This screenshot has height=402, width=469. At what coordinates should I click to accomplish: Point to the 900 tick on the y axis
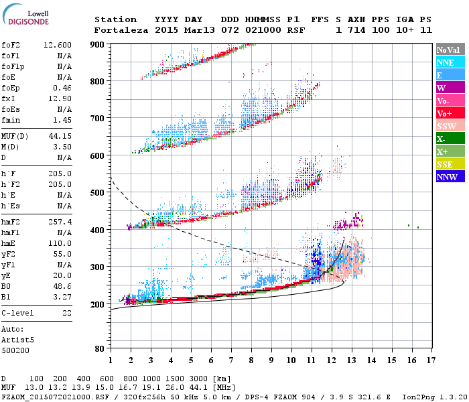tap(98, 44)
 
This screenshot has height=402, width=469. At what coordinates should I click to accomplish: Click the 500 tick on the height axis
tap(98, 193)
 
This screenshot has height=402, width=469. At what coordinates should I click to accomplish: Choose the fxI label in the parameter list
tap(8, 98)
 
